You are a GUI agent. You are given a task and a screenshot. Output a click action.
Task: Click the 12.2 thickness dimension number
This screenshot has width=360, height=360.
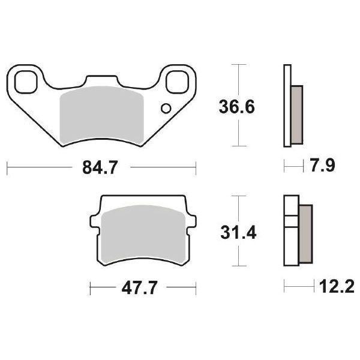coord(329,289)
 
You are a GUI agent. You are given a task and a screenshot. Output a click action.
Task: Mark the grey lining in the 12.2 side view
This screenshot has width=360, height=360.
coord(305,232)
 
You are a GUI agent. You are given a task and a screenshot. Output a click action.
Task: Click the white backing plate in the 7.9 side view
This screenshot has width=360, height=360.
coord(286,107)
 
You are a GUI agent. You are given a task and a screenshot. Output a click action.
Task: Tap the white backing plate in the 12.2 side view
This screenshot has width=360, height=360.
coord(291,232)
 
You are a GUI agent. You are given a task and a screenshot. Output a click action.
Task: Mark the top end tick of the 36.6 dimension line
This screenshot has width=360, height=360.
coord(240,65)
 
